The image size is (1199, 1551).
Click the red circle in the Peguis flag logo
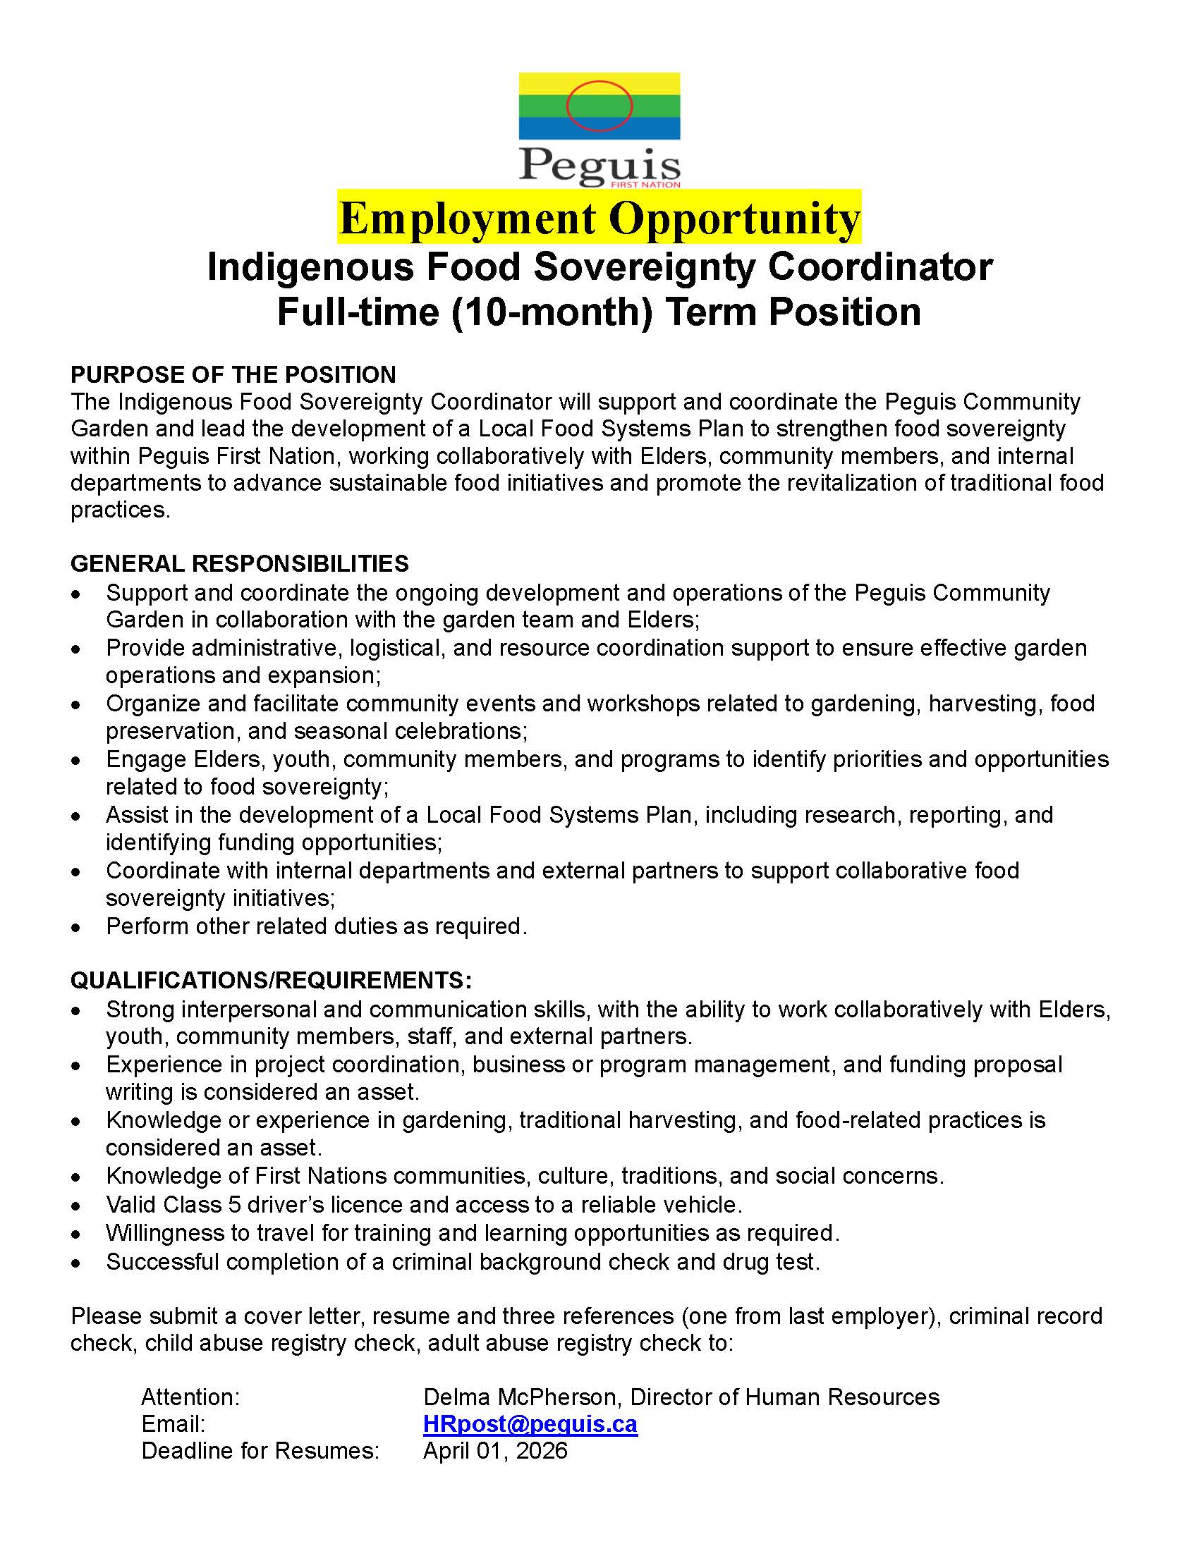(x=599, y=106)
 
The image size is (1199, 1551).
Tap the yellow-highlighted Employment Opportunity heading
(x=599, y=218)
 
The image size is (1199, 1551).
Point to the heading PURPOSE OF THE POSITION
(x=233, y=374)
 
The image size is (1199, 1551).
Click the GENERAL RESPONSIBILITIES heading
(x=239, y=563)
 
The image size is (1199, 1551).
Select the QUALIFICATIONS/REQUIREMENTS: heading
(x=271, y=980)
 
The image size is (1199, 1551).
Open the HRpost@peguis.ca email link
(x=530, y=1424)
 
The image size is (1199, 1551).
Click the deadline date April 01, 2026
(x=495, y=1451)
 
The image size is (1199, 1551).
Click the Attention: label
(x=190, y=1397)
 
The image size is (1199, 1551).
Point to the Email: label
(x=174, y=1424)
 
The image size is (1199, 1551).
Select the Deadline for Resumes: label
(x=260, y=1451)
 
